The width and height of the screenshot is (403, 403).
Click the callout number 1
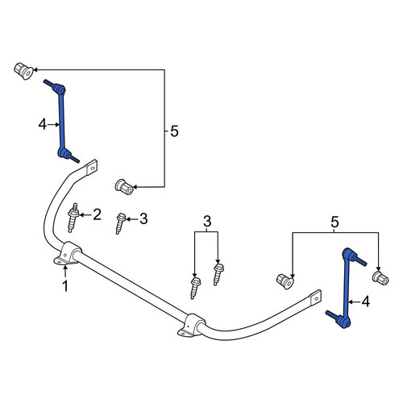65,286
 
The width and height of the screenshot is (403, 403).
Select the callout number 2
97,215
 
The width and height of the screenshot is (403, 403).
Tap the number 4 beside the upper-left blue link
43,125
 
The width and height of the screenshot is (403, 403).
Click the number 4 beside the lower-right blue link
366,301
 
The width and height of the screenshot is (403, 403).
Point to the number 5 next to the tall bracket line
174,131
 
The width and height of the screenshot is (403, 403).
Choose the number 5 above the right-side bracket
334,222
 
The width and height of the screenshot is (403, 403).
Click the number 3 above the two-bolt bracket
207,222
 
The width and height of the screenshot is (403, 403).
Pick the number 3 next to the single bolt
143,219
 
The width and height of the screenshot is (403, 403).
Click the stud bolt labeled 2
73,218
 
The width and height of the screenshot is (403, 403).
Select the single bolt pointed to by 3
120,223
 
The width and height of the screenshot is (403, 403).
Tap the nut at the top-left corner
23,71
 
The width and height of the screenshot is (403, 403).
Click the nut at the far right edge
380,278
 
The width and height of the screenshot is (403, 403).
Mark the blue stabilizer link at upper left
62,121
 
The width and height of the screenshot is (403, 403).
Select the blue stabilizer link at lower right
346,289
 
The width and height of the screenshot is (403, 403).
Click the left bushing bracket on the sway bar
67,253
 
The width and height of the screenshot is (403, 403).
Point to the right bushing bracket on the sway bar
191,325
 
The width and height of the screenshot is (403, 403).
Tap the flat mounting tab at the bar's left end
91,167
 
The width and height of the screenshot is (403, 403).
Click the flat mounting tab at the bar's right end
315,297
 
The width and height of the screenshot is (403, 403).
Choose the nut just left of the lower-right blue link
285,281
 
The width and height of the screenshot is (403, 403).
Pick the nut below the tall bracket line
124,187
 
